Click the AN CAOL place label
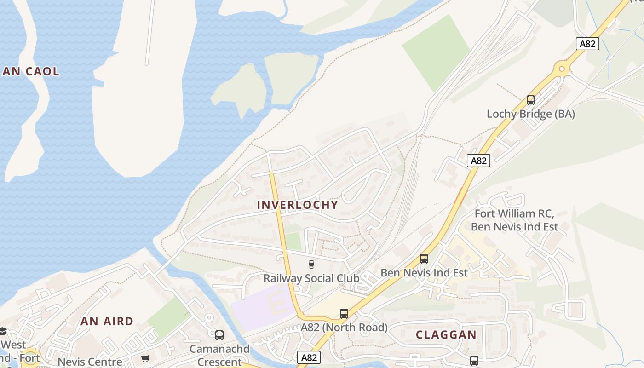[31, 71]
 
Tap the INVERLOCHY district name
[297, 205]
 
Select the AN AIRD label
[107, 322]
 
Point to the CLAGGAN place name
[446, 335]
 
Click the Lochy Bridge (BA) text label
[531, 114]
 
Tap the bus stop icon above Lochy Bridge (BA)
[531, 100]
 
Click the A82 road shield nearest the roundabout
[587, 44]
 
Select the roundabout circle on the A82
[561, 70]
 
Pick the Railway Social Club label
[311, 278]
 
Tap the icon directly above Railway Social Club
[311, 264]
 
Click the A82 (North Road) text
[344, 328]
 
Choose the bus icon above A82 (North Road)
[344, 314]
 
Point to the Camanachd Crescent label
[219, 355]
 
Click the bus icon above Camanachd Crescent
[219, 335]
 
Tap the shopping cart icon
[145, 358]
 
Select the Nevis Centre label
[90, 362]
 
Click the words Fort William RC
[514, 213]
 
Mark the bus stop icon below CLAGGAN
[474, 360]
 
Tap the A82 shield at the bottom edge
[308, 357]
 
